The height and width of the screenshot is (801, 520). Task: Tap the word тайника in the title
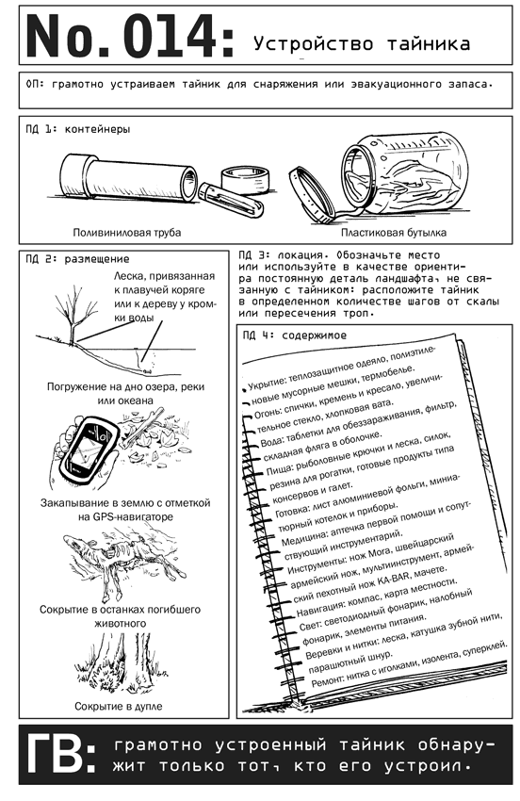point(428,43)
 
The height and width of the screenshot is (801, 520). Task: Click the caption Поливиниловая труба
point(126,233)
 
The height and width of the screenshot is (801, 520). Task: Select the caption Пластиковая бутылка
point(394,233)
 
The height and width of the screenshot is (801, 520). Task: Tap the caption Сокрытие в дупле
point(119,707)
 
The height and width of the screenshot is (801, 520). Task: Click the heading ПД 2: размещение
point(77,259)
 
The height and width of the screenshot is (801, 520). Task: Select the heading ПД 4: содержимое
point(295,335)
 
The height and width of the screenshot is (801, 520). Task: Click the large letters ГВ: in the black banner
point(60,755)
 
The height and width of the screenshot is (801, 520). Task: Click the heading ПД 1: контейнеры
point(77,129)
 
